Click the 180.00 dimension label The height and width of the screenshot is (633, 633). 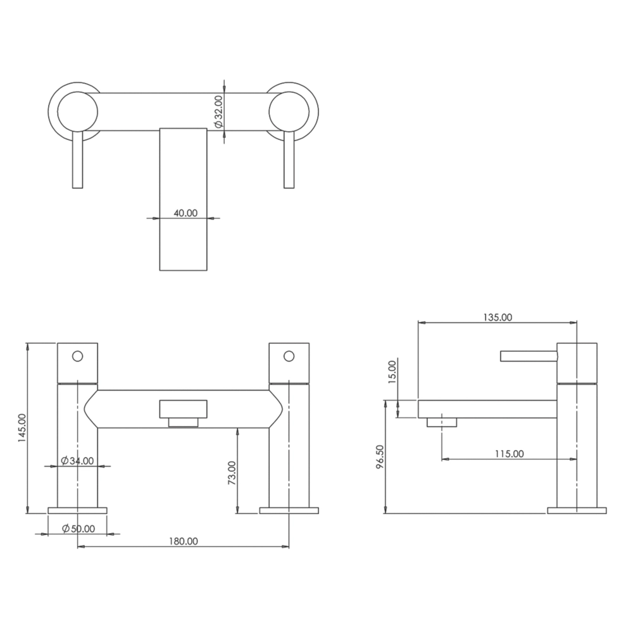pos(183,541)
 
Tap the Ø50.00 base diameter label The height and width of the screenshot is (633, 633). pos(78,529)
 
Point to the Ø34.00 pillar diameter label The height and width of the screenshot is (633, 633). pos(77,461)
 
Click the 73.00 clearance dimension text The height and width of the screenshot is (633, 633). pos(231,472)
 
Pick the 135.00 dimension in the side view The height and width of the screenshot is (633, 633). pos(498,317)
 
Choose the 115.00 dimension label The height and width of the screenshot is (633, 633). pos(510,454)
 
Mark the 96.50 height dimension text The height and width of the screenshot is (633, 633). pos(380,457)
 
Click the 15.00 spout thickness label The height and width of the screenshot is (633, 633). pos(392,372)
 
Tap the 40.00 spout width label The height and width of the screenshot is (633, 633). pos(185,213)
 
